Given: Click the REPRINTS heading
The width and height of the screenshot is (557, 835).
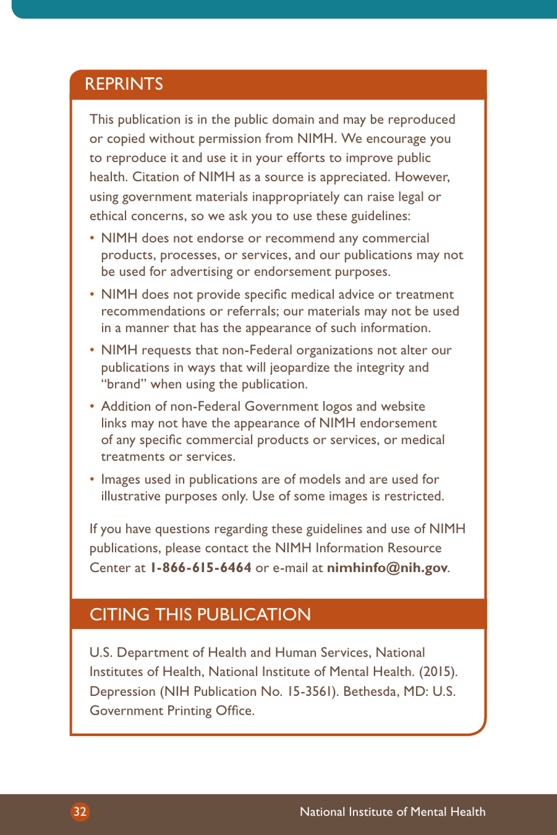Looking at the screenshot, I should (x=124, y=84).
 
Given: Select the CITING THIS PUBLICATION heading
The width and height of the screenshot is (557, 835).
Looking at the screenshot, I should (x=200, y=614).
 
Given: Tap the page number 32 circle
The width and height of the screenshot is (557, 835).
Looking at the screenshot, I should (x=80, y=812).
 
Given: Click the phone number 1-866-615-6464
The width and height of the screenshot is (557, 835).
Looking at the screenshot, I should (x=201, y=567).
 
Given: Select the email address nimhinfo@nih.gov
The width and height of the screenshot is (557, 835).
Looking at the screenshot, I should (x=387, y=567).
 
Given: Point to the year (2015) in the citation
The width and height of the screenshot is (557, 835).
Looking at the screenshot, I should (x=438, y=671).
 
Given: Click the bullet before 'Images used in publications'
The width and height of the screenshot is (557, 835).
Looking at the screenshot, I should (x=92, y=479).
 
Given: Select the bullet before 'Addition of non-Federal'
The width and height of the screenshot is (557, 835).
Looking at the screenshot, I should (x=92, y=406).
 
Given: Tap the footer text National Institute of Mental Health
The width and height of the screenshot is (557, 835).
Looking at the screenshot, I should (x=392, y=812).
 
